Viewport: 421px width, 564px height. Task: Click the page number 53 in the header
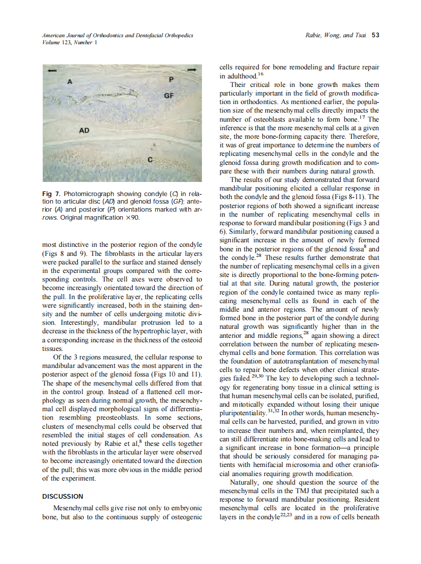pyautogui.click(x=375, y=35)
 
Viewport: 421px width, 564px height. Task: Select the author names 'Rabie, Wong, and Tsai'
pyautogui.click(x=336, y=35)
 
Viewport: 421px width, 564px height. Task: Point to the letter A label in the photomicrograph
pyautogui.click(x=70, y=81)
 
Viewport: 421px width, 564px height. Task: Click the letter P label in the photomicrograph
pyautogui.click(x=171, y=80)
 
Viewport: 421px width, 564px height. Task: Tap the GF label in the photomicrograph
pyautogui.click(x=168, y=95)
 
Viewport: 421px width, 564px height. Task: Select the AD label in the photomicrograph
pyautogui.click(x=84, y=130)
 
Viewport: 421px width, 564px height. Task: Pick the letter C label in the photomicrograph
pyautogui.click(x=150, y=160)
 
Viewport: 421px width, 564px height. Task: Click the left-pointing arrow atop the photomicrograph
pyautogui.click(x=50, y=71)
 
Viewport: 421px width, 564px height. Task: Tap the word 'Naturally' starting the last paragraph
pyautogui.click(x=245, y=482)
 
